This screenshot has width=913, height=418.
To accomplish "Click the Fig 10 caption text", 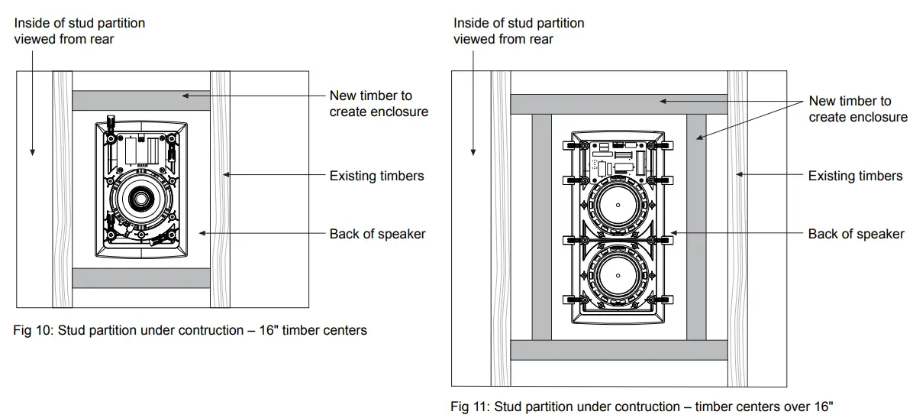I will click(x=190, y=331).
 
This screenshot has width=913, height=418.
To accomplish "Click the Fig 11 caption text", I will click(x=642, y=407).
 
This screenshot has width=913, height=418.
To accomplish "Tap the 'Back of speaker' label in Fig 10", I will click(x=377, y=234).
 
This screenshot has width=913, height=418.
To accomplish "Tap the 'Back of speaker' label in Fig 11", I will click(x=856, y=234).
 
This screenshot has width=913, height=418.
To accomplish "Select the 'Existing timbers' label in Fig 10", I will click(x=376, y=176).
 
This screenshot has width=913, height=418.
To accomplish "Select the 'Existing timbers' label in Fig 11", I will click(x=855, y=176).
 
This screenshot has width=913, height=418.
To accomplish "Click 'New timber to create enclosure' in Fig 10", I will click(x=378, y=104).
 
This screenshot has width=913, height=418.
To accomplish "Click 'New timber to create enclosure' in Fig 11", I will click(x=857, y=109).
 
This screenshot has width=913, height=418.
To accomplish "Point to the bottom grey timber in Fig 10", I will click(x=140, y=278).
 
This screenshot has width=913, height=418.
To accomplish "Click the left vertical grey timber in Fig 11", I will click(x=541, y=227).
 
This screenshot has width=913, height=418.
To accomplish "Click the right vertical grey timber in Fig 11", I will click(x=696, y=227).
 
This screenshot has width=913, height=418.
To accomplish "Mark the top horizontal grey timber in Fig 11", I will click(x=618, y=104).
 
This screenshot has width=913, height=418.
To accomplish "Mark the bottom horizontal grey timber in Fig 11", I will click(x=618, y=350).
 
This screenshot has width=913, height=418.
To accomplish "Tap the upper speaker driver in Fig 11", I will click(x=619, y=207).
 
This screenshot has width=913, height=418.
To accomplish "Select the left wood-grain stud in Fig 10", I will click(x=62, y=190).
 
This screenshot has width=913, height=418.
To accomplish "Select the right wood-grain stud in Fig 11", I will click(x=737, y=228).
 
